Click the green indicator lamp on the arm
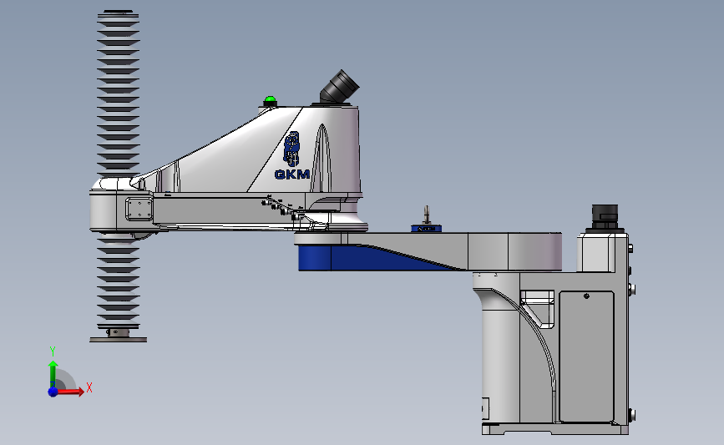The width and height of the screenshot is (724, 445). (x=270, y=101)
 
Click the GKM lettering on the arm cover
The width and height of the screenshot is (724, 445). (x=292, y=174)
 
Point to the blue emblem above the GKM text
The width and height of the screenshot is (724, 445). (x=291, y=149)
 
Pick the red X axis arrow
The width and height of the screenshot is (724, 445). (x=71, y=392)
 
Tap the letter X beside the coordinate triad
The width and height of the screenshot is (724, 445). (x=89, y=387)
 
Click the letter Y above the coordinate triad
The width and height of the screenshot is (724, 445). (x=52, y=351)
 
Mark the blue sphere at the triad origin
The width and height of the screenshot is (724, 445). (x=53, y=391)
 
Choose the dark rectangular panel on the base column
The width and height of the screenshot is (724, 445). (x=585, y=355)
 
